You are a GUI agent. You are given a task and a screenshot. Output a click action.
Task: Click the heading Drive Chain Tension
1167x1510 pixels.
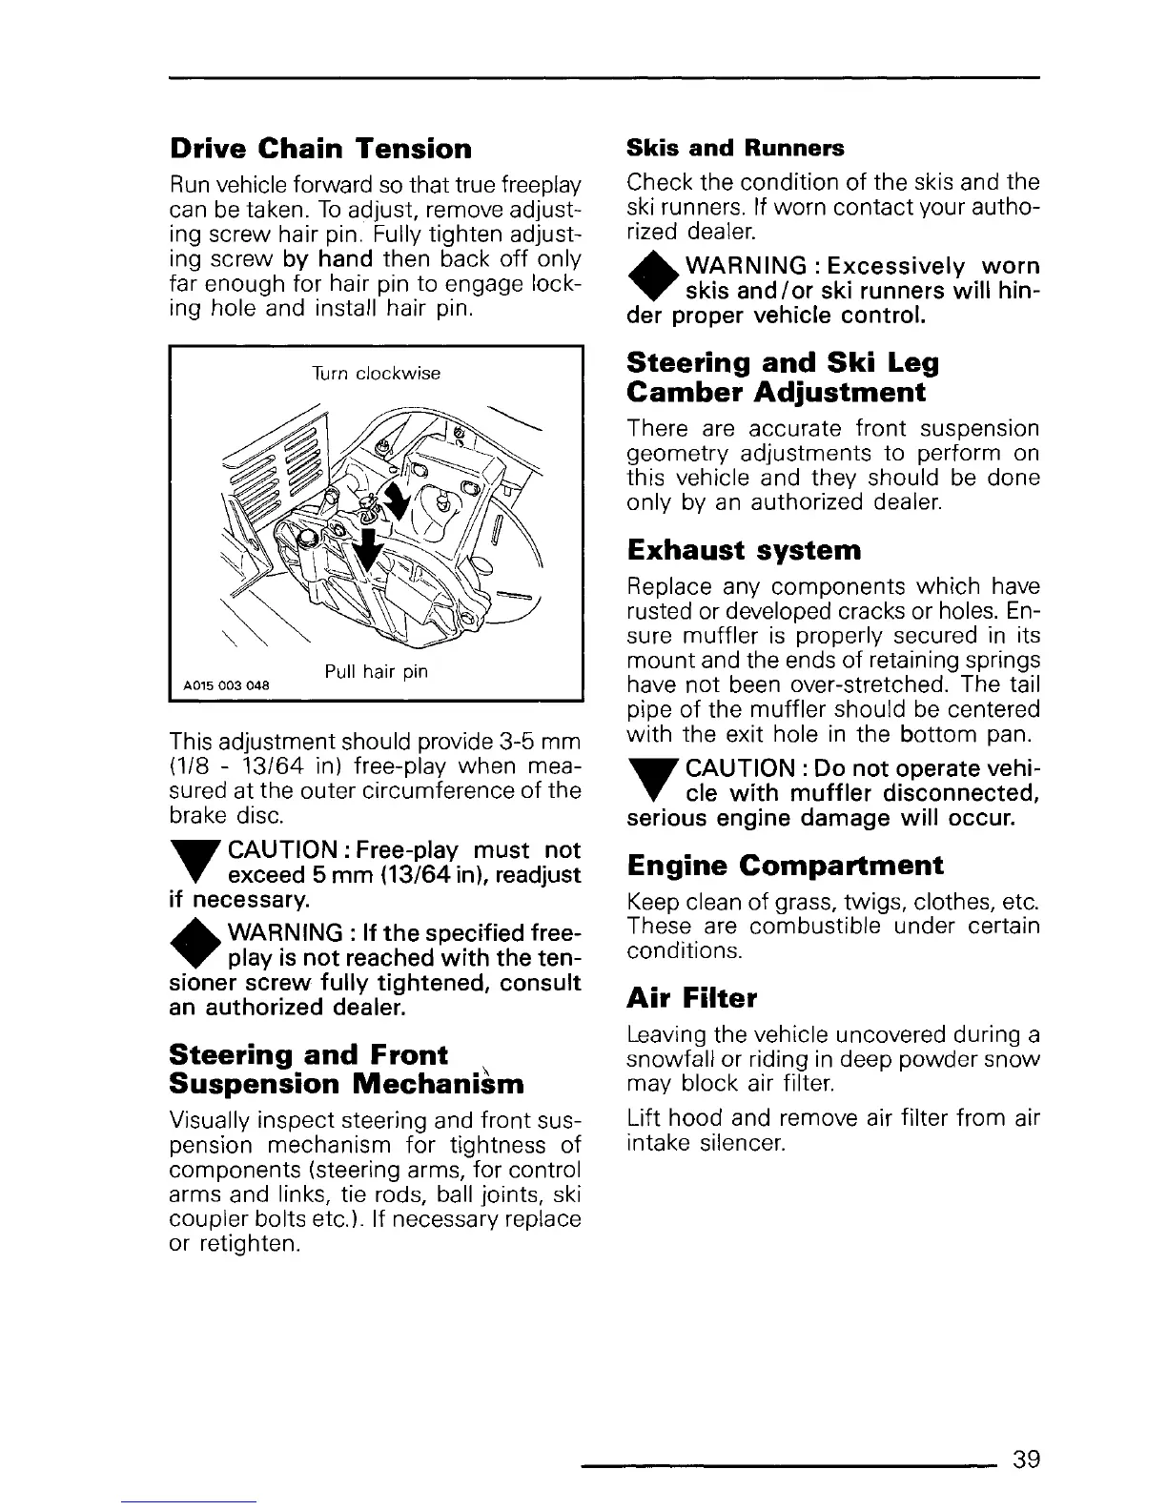320,149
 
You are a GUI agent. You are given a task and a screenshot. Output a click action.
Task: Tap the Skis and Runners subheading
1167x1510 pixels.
735,148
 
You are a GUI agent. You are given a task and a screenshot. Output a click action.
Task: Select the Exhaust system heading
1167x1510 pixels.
744,550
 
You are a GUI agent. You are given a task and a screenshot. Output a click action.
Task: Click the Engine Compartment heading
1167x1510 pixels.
786,866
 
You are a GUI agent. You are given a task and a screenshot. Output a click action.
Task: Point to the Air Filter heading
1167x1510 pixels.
692,998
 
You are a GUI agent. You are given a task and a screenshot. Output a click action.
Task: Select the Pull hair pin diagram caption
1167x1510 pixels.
376,672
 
